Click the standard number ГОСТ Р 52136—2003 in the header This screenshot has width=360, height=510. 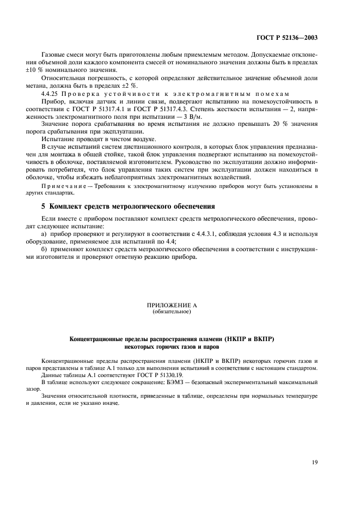[x=286, y=38]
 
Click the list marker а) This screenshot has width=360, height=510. [x=46, y=234]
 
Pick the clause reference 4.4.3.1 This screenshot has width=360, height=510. [x=180, y=234]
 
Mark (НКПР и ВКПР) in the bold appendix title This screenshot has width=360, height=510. [x=248, y=339]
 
